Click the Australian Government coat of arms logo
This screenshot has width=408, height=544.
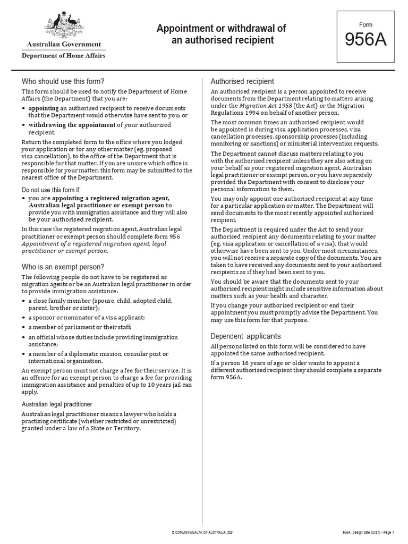pyautogui.click(x=63, y=24)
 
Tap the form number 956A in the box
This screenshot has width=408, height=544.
pyautogui.click(x=365, y=40)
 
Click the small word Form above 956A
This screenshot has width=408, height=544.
pyautogui.click(x=365, y=25)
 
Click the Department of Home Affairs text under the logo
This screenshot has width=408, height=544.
pyautogui.click(x=63, y=56)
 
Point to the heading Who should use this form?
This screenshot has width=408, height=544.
pyautogui.click(x=63, y=81)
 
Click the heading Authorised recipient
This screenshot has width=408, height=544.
pyautogui.click(x=242, y=81)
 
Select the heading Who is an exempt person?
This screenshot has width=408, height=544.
pyautogui.click(x=63, y=266)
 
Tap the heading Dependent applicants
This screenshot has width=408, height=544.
pyautogui.click(x=245, y=336)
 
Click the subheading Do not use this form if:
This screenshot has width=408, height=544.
pyautogui.click(x=51, y=190)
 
